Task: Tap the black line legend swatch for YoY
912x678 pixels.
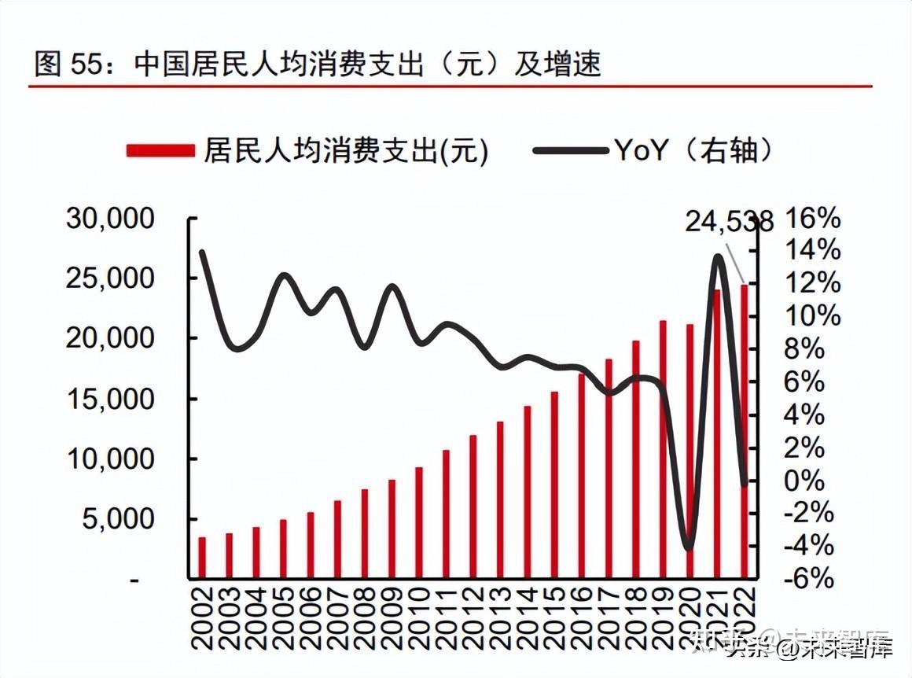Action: pyautogui.click(x=569, y=150)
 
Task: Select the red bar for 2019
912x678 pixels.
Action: pyautogui.click(x=663, y=448)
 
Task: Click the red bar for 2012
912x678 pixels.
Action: pyautogui.click(x=473, y=506)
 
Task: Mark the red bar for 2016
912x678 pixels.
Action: pyautogui.click(x=582, y=475)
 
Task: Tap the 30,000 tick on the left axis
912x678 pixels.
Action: pyautogui.click(x=110, y=219)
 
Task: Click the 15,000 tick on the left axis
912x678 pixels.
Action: pyautogui.click(x=110, y=399)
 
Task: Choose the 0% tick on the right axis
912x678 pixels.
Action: pyautogui.click(x=804, y=481)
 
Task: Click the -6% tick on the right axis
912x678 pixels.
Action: pyautogui.click(x=808, y=580)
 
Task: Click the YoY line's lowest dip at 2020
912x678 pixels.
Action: pyautogui.click(x=690, y=548)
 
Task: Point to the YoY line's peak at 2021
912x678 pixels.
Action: pyautogui.click(x=718, y=256)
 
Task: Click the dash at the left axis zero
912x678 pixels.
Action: pyautogui.click(x=134, y=580)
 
